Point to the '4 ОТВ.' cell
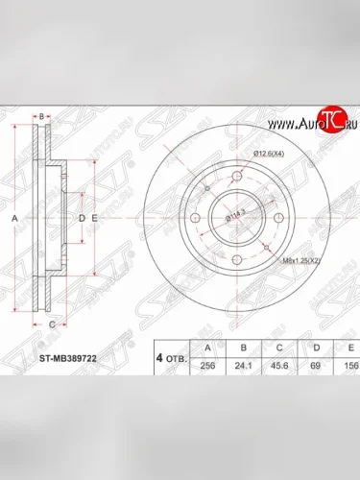click(x=171, y=357)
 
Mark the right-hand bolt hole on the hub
click(x=276, y=219)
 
